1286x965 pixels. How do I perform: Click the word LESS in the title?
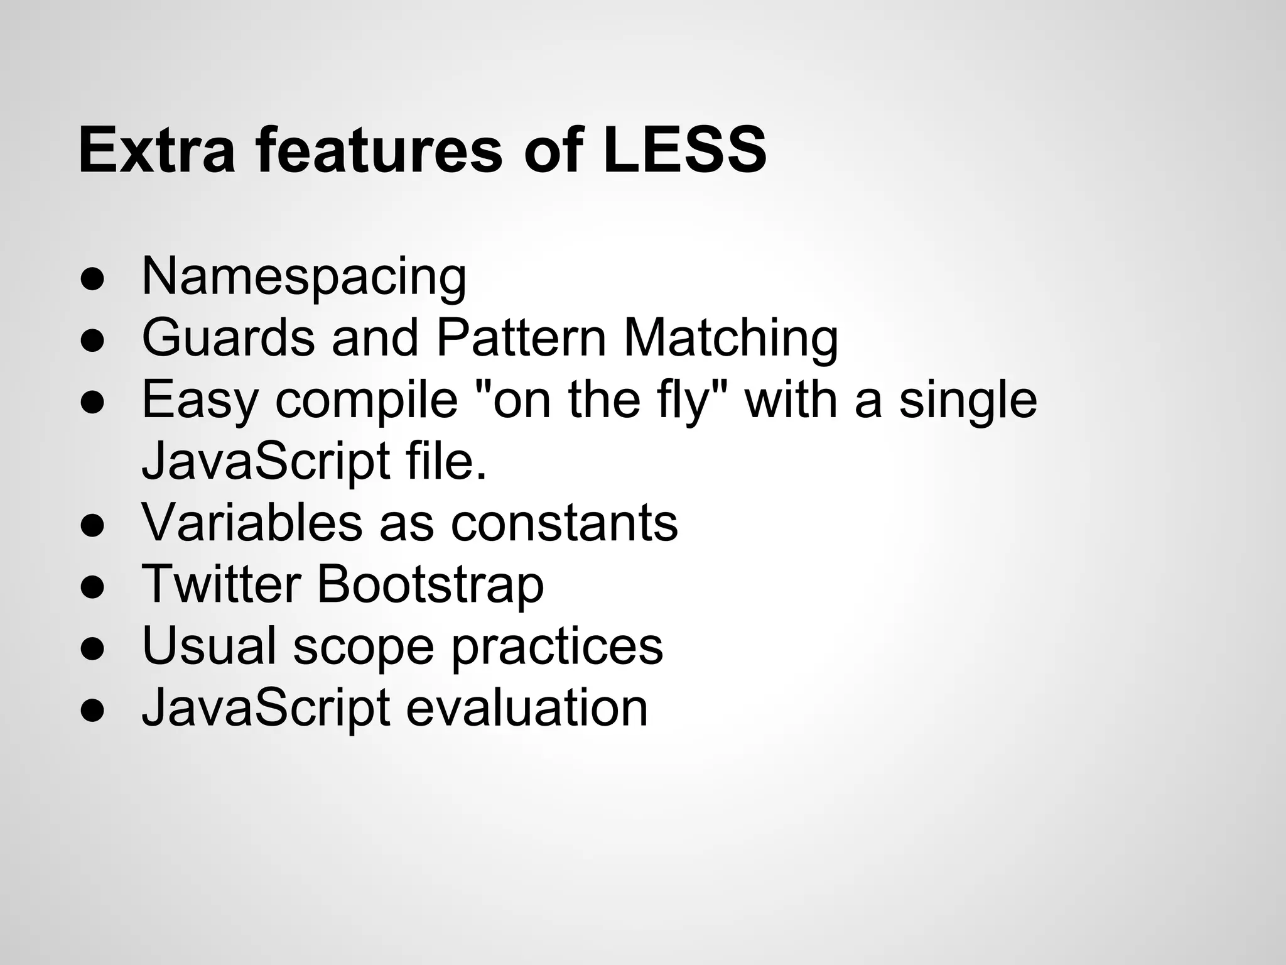pos(684,151)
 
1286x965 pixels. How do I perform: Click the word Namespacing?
pos(304,276)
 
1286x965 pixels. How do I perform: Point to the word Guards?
pos(228,337)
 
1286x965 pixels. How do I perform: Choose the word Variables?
pos(252,522)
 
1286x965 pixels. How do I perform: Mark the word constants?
pos(565,522)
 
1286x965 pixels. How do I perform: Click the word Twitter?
pos(221,584)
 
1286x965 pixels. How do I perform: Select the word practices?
pos(557,646)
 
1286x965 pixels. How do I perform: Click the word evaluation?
pos(527,707)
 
